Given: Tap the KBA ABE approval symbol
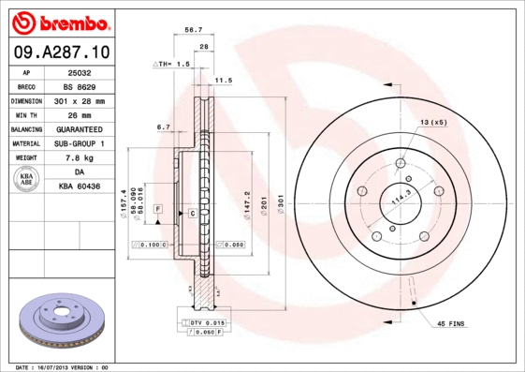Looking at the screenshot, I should pyautogui.click(x=27, y=180).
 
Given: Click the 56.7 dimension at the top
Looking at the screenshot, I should pyautogui.click(x=194, y=30).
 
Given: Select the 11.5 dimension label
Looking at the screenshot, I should pyautogui.click(x=224, y=81).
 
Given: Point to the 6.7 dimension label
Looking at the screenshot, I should pyautogui.click(x=163, y=126).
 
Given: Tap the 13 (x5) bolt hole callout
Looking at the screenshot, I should pyautogui.click(x=432, y=123).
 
